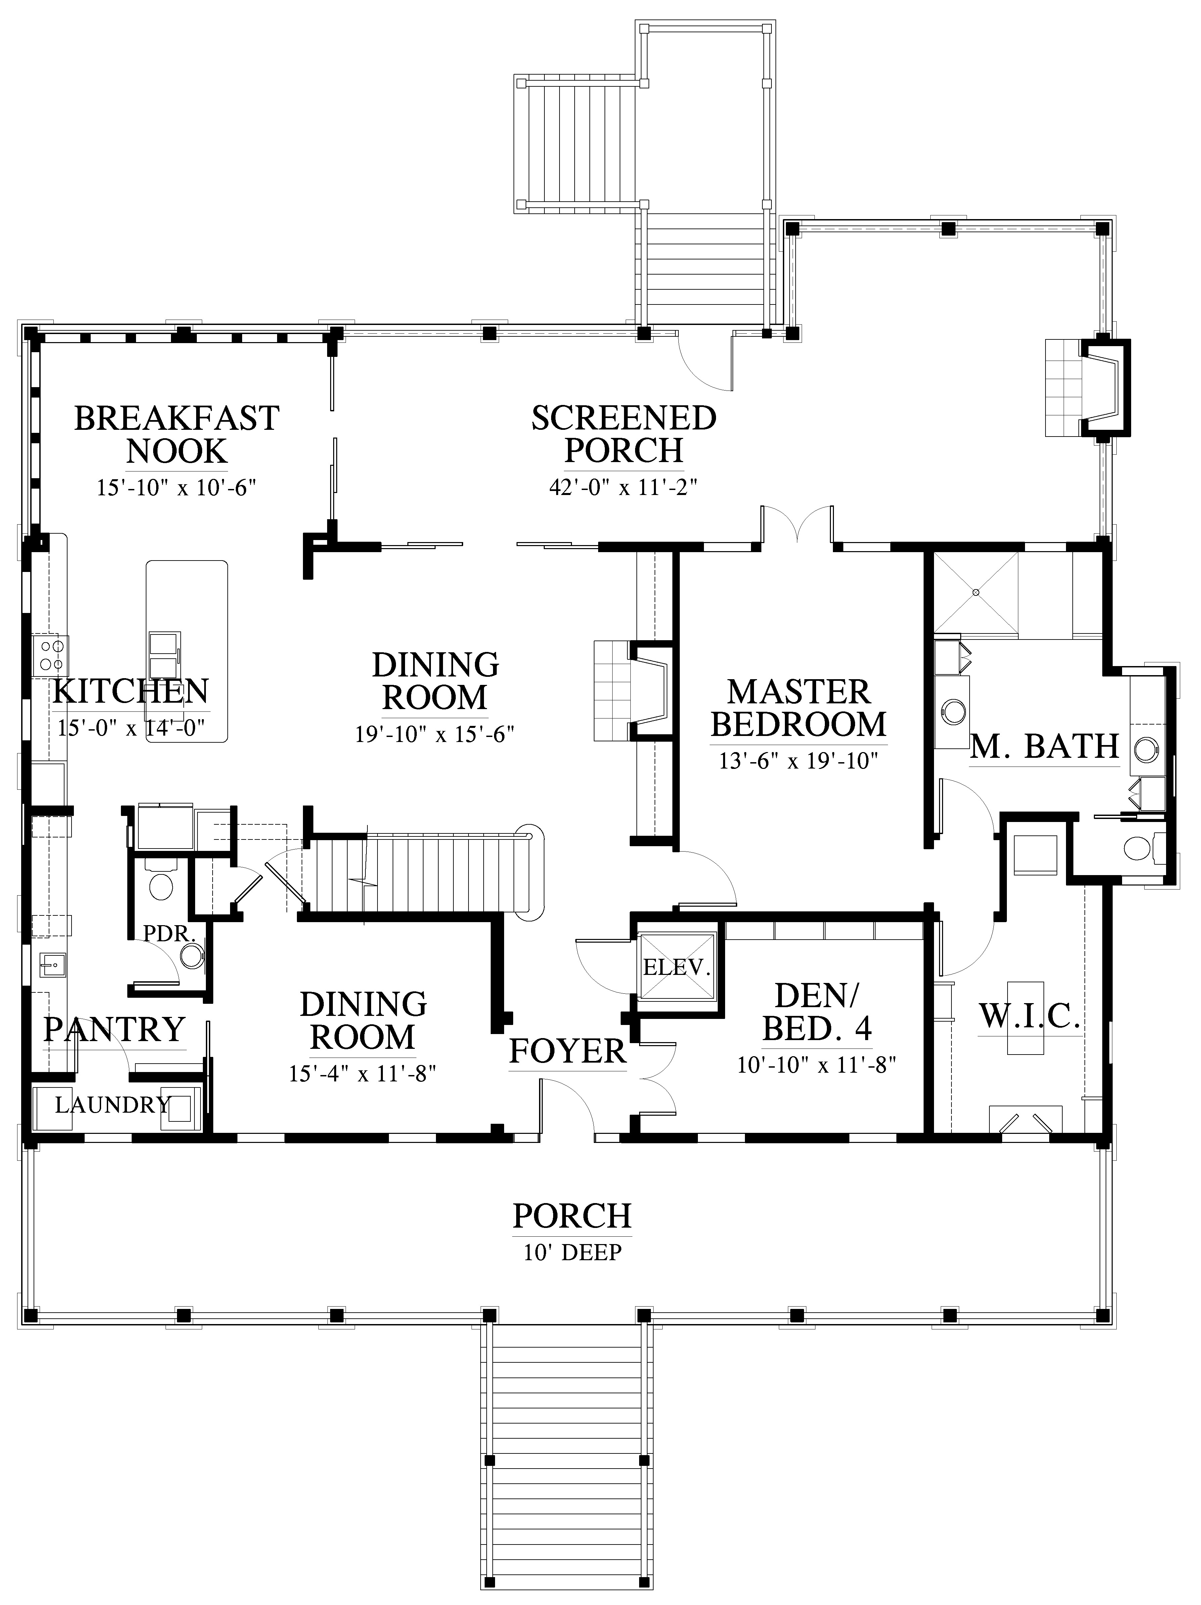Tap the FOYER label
pos(567,1052)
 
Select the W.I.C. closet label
pos(1030,1017)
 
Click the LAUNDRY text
pos(113,1105)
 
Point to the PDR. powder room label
pos(170,933)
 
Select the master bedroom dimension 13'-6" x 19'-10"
pos(799,761)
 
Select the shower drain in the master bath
pos(976,593)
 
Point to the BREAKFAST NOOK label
pos(177,435)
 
